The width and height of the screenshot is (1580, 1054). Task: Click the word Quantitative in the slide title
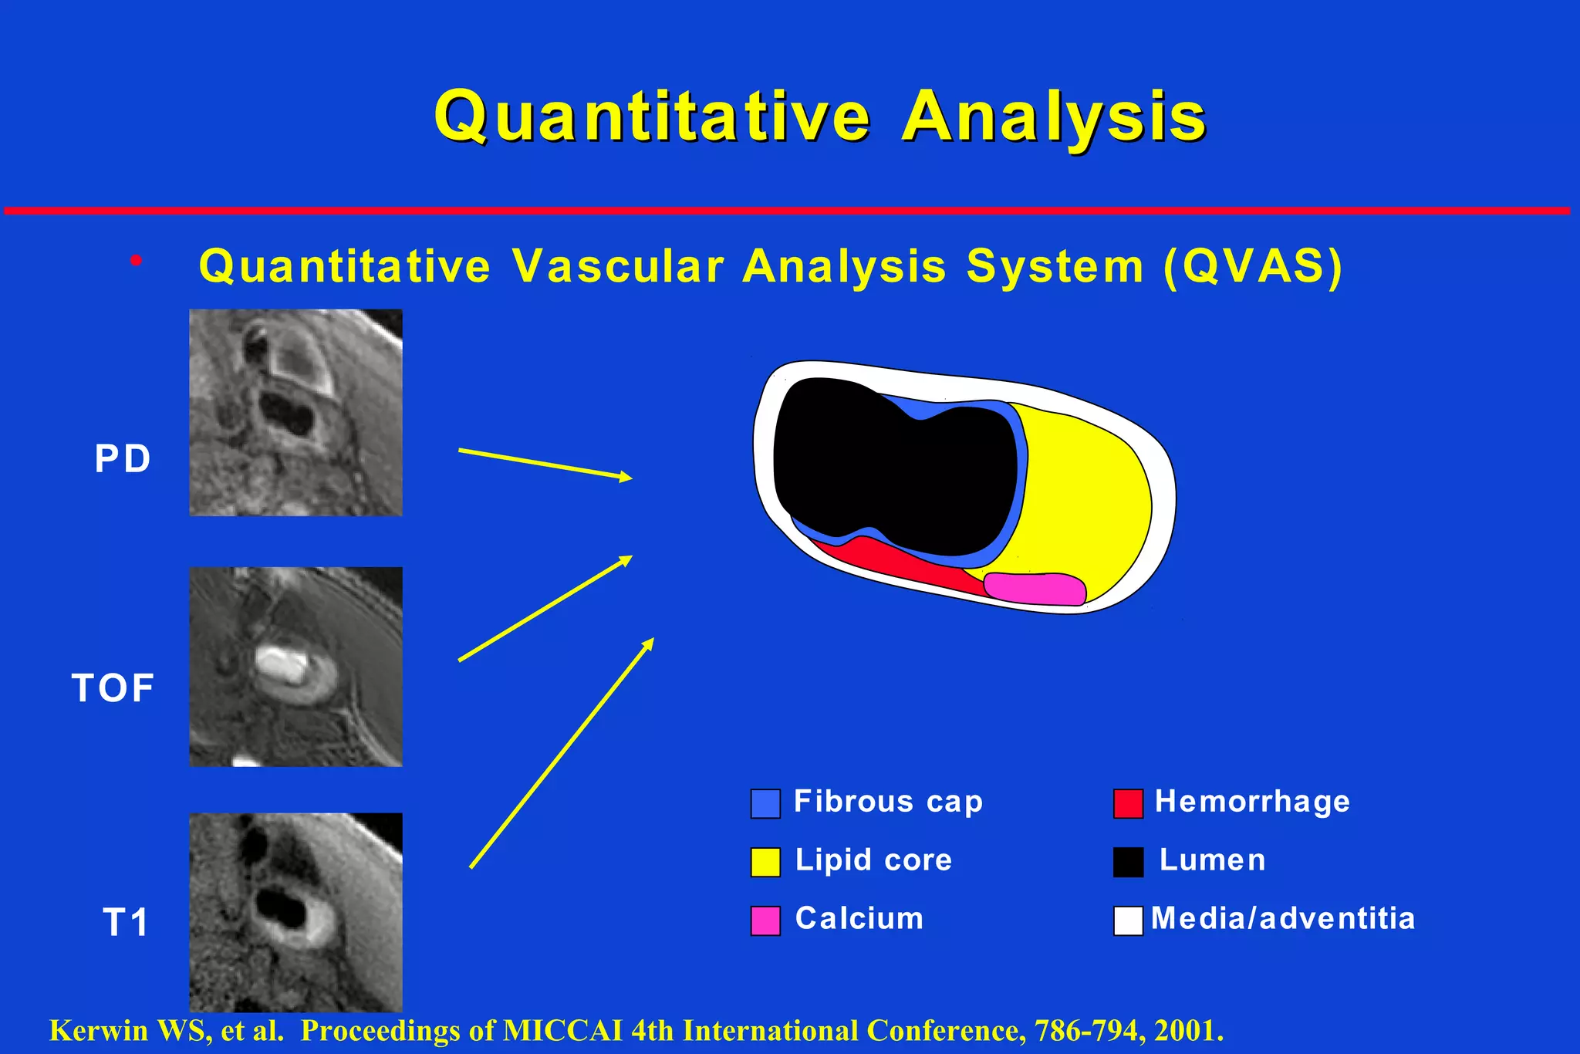[652, 117]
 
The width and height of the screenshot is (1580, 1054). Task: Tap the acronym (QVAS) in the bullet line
[1253, 266]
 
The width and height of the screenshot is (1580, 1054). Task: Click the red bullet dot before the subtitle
[137, 261]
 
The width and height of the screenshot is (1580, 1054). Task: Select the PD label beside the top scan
[122, 458]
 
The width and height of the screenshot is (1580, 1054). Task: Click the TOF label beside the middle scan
[113, 687]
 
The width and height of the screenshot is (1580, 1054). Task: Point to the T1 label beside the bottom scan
[125, 922]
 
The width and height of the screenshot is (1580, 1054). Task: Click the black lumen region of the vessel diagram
[895, 471]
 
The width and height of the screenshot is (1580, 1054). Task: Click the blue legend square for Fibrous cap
[765, 803]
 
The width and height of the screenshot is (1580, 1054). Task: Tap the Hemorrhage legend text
[1252, 802]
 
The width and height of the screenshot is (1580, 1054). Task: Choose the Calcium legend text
[859, 919]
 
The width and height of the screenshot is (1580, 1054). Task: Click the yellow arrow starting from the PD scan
[545, 464]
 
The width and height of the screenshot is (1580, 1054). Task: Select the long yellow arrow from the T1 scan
[562, 753]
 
